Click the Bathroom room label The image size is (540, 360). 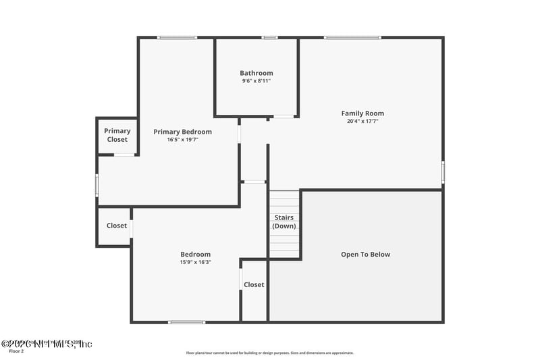pyautogui.click(x=256, y=73)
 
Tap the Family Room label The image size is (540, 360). pyautogui.click(x=362, y=113)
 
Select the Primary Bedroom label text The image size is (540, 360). pyautogui.click(x=182, y=132)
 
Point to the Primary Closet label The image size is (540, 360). pyautogui.click(x=117, y=135)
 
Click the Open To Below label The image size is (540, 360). pyautogui.click(x=365, y=255)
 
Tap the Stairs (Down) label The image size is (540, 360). pyautogui.click(x=284, y=222)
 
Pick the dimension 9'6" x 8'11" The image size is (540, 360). pyautogui.click(x=256, y=81)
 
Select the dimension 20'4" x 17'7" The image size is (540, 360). pyautogui.click(x=362, y=122)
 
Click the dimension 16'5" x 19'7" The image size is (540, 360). pyautogui.click(x=182, y=140)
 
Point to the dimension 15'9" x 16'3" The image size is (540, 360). pyautogui.click(x=195, y=262)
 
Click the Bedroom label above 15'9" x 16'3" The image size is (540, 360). pyautogui.click(x=195, y=254)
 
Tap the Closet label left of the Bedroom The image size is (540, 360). pyautogui.click(x=117, y=226)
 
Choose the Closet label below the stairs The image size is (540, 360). pyautogui.click(x=254, y=284)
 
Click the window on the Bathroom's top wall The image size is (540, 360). pyautogui.click(x=270, y=37)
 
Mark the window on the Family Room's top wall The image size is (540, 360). pyautogui.click(x=352, y=37)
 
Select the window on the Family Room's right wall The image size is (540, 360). pyautogui.click(x=443, y=172)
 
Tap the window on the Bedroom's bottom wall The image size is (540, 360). pyautogui.click(x=186, y=322)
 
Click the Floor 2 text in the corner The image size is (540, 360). pyautogui.click(x=16, y=351)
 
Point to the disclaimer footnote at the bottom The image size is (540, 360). pyautogui.click(x=270, y=353)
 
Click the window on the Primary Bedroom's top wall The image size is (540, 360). pyautogui.click(x=177, y=37)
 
